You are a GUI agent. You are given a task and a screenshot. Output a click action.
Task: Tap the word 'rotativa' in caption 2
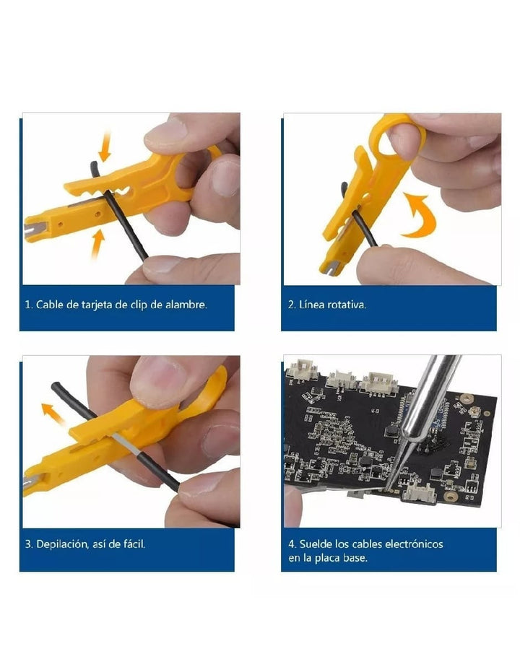click(x=347, y=305)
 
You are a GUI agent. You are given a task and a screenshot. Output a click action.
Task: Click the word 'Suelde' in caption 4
click(x=316, y=544)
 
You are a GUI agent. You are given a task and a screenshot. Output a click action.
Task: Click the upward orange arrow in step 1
click(x=98, y=245)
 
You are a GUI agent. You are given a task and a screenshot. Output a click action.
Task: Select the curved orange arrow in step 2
click(x=420, y=215)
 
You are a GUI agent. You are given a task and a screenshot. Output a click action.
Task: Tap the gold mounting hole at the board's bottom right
click(x=450, y=497)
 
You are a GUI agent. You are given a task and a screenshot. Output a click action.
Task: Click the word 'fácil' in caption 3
click(x=134, y=544)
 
